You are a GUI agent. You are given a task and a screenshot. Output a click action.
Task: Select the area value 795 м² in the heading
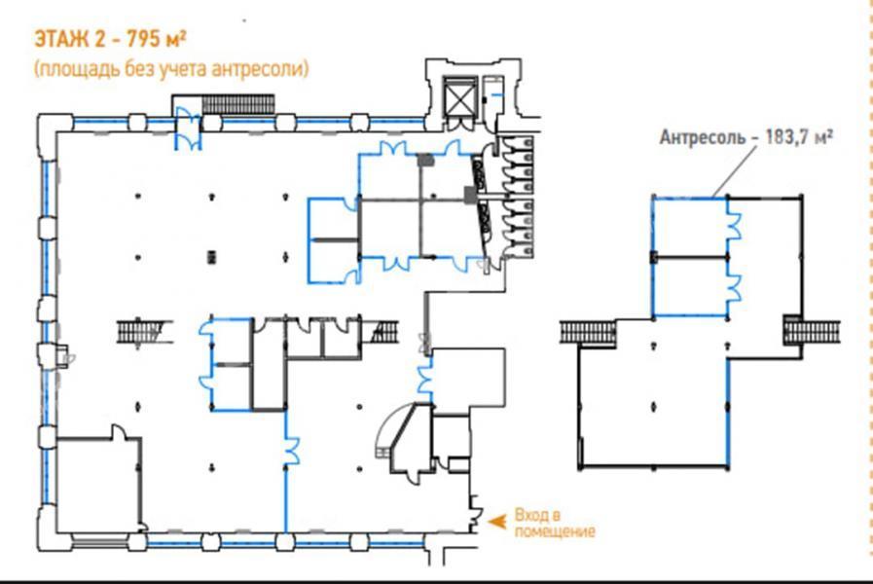(157, 39)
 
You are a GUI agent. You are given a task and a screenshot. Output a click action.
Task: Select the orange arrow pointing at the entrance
(497, 521)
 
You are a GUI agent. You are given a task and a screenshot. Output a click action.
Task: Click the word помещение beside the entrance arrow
(555, 531)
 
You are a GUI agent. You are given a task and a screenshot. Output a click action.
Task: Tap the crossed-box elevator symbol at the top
(460, 101)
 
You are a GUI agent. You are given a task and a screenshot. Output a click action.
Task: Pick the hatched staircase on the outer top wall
(238, 104)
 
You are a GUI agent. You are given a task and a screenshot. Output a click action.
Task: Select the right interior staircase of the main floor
(384, 332)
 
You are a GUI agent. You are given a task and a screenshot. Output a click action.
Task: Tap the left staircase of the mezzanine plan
(588, 332)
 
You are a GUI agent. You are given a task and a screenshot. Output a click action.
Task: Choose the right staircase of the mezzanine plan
(812, 332)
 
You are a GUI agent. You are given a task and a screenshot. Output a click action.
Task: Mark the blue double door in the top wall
(188, 129)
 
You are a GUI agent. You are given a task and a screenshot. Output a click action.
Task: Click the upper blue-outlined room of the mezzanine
(690, 227)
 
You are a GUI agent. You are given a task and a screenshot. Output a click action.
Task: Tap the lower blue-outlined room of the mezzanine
(690, 287)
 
